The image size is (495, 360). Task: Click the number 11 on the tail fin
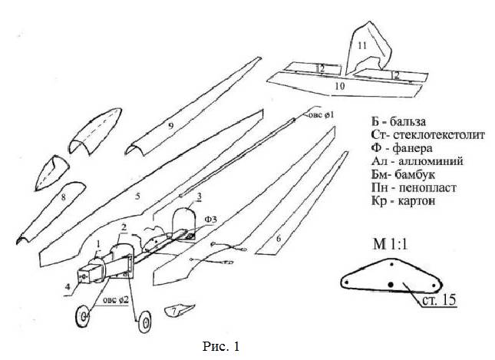coord(361,45)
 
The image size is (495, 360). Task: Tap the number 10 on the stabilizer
coord(338,87)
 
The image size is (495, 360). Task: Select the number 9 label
coord(171,124)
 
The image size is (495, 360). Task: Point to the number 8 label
coord(63,197)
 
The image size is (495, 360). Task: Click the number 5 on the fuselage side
coord(137,197)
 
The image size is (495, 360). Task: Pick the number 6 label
coord(279,239)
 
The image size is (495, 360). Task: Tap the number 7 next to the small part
coord(175,309)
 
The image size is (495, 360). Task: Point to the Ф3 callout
coord(210,220)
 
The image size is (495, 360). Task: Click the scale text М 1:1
coord(382,246)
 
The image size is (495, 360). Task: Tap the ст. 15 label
coord(439,299)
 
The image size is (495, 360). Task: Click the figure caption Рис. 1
coord(219,347)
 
